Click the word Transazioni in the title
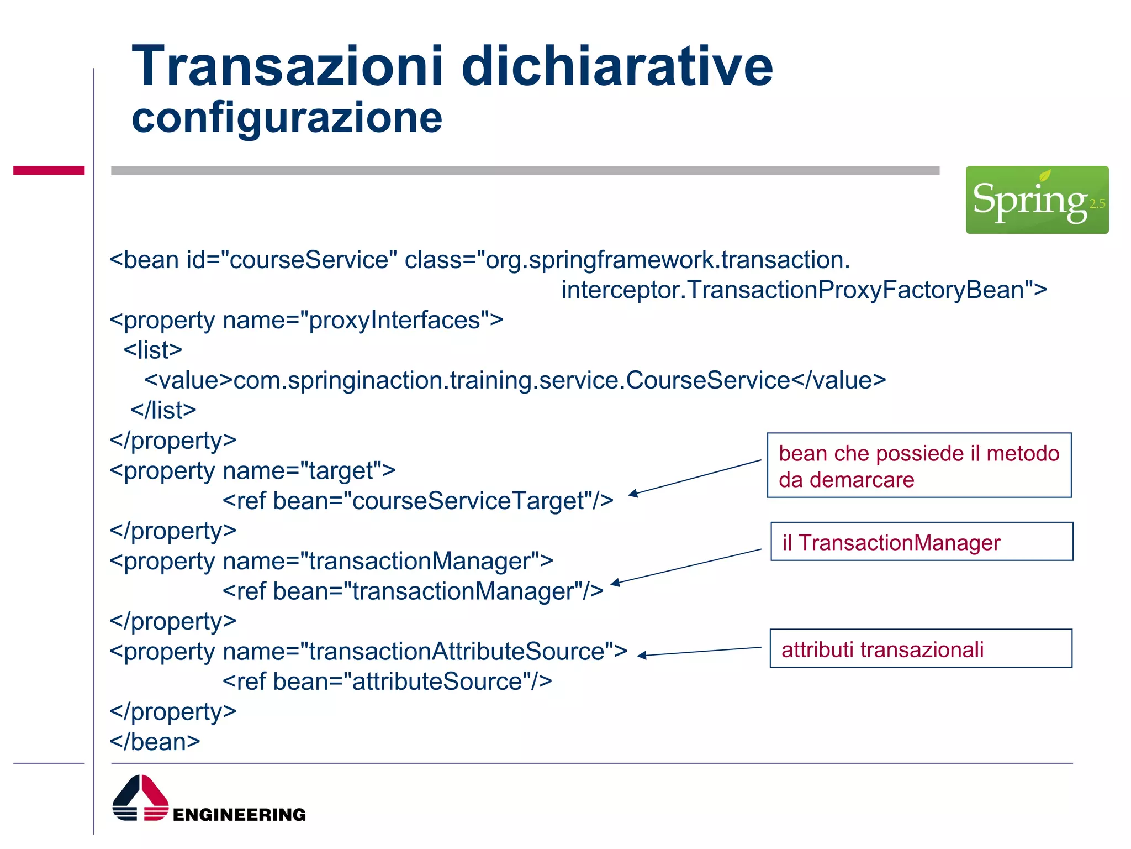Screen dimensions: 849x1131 (287, 66)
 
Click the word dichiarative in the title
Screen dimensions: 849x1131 (617, 66)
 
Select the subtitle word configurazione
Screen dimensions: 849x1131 (287, 118)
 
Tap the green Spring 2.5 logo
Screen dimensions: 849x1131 (1037, 200)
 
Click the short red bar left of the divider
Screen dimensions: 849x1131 (49, 170)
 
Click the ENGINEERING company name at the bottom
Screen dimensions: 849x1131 (239, 815)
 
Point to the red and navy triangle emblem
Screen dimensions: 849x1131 (140, 798)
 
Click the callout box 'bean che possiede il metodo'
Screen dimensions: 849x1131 (919, 465)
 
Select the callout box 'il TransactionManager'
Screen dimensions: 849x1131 (921, 542)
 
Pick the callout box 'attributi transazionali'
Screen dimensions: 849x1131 (921, 648)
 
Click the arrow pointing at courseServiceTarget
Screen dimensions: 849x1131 (695, 477)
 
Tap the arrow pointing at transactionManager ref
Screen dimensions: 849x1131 (685, 567)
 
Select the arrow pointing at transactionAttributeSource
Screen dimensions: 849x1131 (699, 651)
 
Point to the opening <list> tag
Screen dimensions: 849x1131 (152, 350)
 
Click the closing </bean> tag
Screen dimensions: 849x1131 (155, 742)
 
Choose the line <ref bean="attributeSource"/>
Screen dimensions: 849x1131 (387, 682)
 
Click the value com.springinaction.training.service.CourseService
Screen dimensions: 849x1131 (511, 380)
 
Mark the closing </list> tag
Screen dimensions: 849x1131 (163, 411)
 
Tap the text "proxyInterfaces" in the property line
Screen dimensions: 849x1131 (394, 321)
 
